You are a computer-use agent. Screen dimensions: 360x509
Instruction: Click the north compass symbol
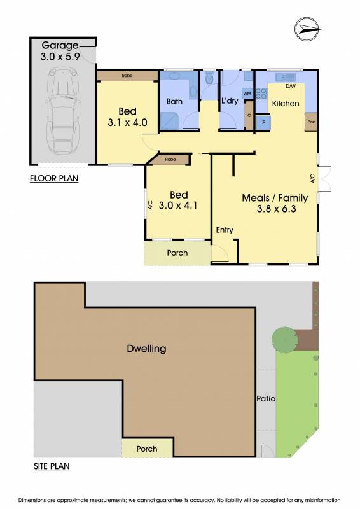tap(307, 29)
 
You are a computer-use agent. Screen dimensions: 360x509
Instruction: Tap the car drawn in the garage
tap(63, 110)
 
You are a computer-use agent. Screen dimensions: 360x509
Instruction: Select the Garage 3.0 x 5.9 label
tap(60, 51)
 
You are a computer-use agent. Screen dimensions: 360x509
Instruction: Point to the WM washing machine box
tap(247, 94)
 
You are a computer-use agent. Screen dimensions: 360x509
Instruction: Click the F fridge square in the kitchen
tap(263, 122)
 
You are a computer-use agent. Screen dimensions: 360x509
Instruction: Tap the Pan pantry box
tap(311, 122)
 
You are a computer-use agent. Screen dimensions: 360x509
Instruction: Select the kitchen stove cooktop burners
tap(261, 94)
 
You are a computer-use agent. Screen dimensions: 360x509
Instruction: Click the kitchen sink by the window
tap(286, 77)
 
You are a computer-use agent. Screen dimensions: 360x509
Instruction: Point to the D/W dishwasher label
tap(291, 87)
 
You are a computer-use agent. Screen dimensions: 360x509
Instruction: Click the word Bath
tap(174, 101)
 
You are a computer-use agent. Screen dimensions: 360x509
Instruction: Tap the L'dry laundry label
tap(230, 101)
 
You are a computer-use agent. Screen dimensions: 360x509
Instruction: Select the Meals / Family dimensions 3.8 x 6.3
tap(276, 209)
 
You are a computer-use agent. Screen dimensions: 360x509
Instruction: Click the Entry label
tap(225, 230)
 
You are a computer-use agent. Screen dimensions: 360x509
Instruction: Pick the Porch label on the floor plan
tap(177, 253)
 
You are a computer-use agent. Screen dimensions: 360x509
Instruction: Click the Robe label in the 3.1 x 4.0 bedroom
tap(127, 76)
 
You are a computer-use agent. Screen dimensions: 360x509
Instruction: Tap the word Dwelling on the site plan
tap(146, 349)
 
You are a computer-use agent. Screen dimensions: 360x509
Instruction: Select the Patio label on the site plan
tap(266, 398)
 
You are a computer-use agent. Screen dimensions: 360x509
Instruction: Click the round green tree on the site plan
tap(285, 340)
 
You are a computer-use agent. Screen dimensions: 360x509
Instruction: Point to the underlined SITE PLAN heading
tap(52, 466)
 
